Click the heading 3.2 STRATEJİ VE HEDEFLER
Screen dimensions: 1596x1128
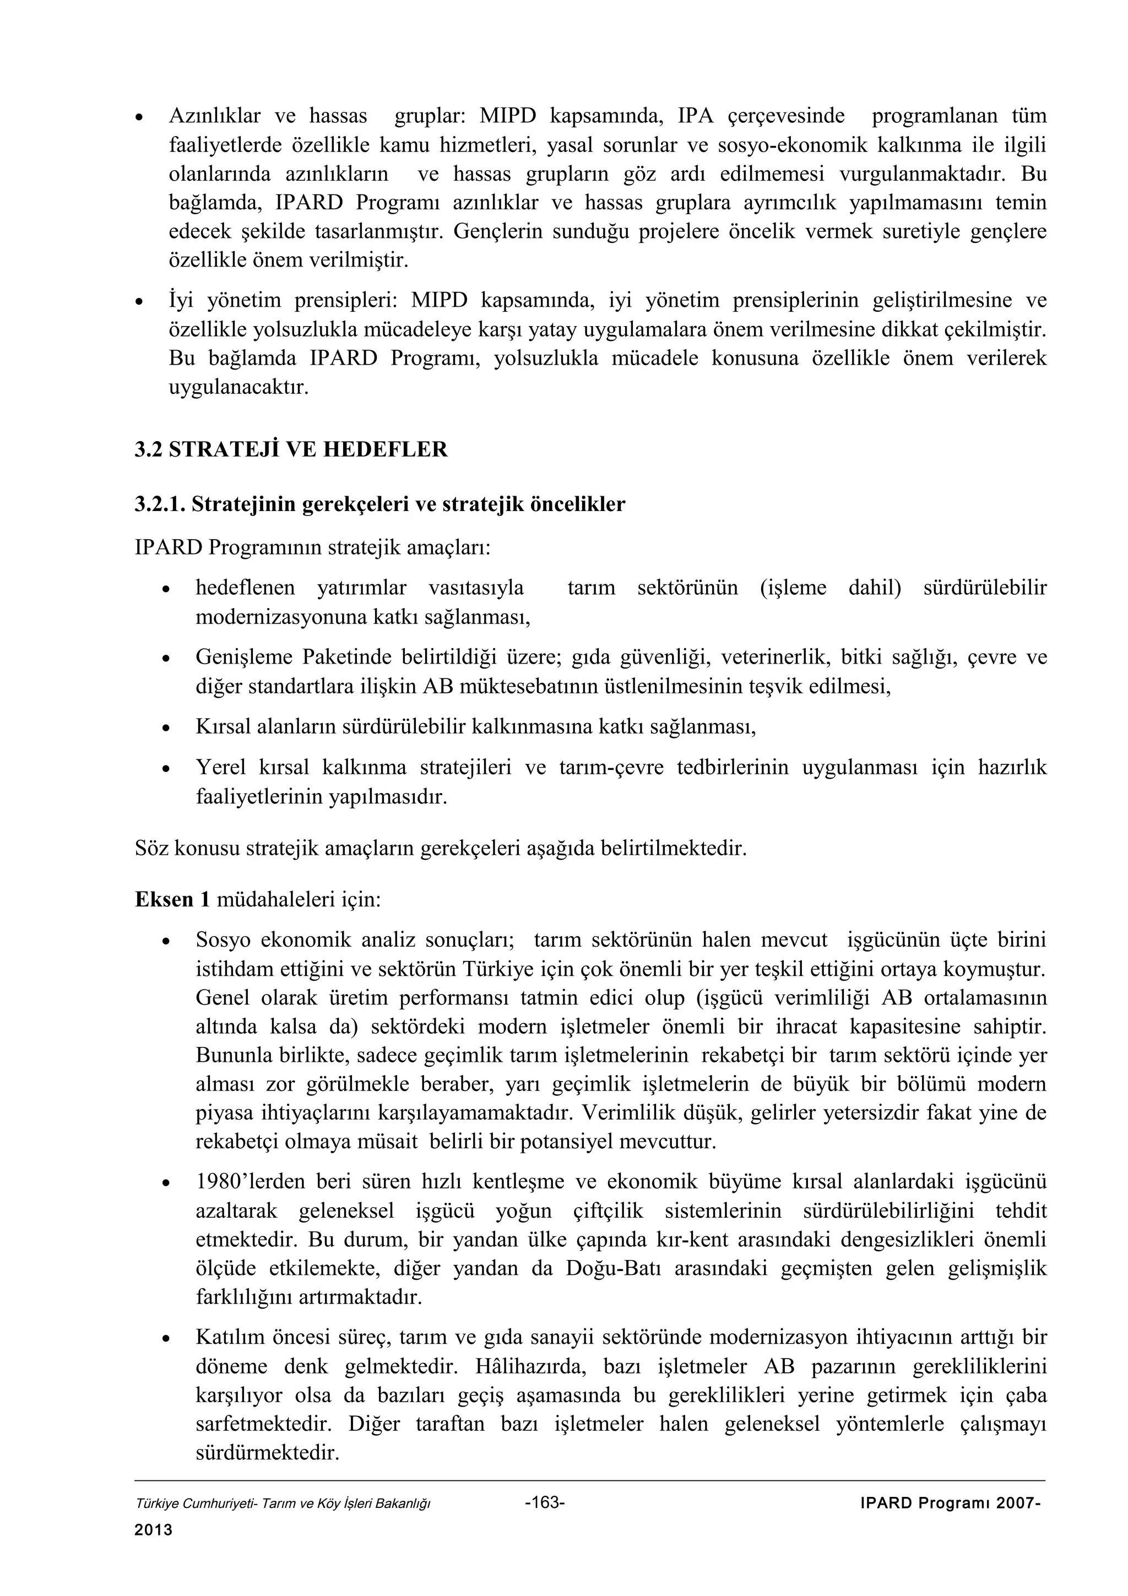pos(291,450)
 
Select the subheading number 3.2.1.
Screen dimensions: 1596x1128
pos(160,504)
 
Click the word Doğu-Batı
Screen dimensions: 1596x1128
pos(607,1269)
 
